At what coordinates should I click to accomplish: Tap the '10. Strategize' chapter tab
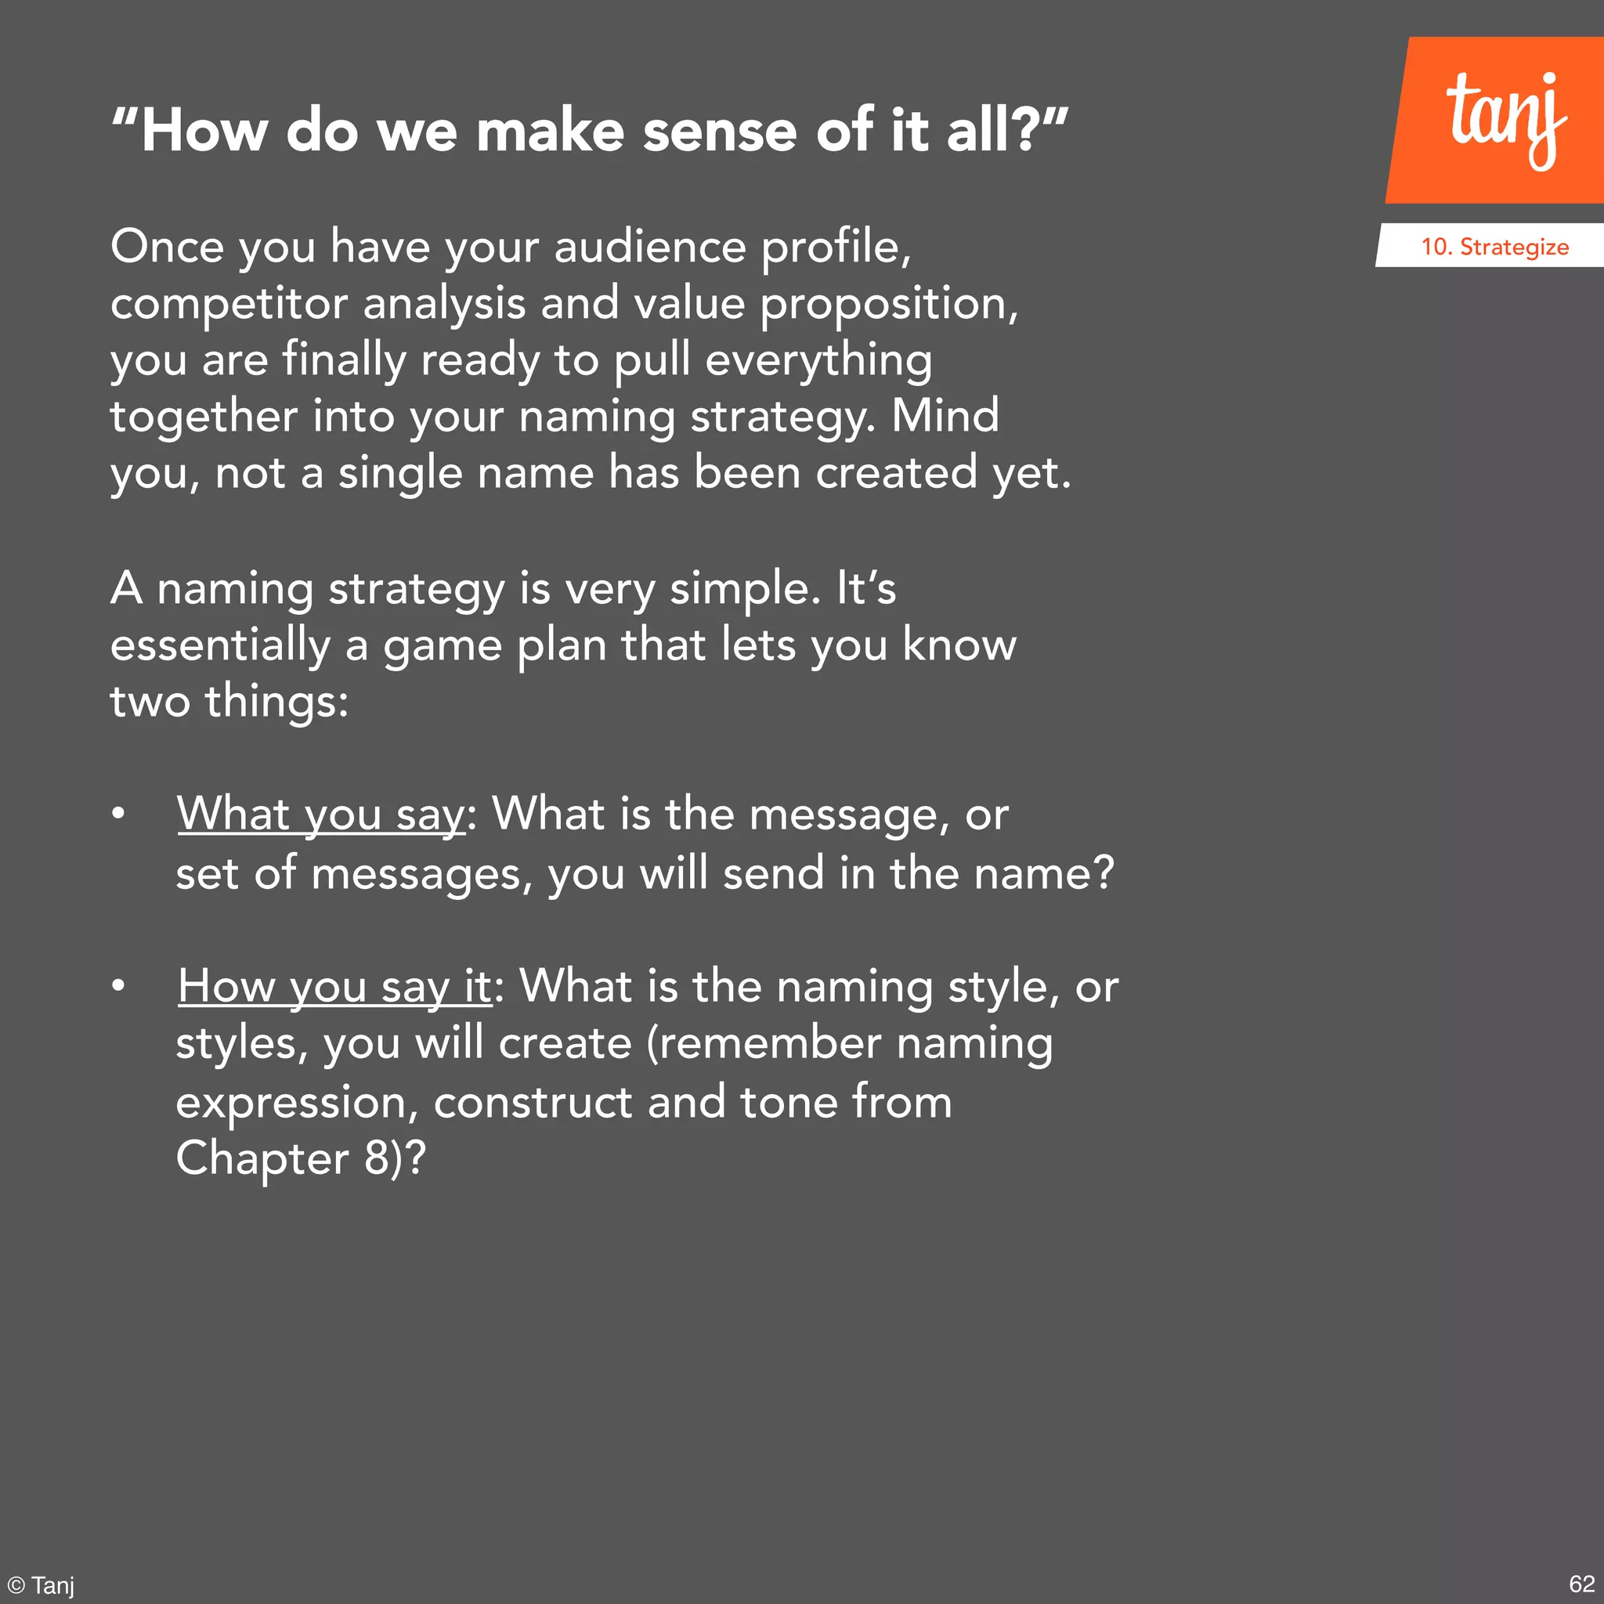point(1494,247)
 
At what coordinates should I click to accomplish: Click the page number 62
point(1581,1583)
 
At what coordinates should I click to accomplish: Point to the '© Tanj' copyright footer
point(42,1585)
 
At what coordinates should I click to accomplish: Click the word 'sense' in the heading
point(719,131)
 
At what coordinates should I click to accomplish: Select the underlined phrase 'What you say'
point(321,814)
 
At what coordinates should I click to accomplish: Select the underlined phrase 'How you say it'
point(334,986)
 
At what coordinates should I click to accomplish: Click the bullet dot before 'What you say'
point(119,814)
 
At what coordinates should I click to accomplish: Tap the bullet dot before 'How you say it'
point(119,986)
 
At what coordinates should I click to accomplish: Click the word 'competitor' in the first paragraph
point(227,304)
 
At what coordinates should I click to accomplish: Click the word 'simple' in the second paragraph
point(739,589)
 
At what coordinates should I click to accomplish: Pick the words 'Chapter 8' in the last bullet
point(282,1158)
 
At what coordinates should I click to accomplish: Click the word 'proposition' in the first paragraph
point(884,304)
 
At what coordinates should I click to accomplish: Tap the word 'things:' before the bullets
point(276,702)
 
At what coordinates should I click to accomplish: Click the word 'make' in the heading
point(550,131)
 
